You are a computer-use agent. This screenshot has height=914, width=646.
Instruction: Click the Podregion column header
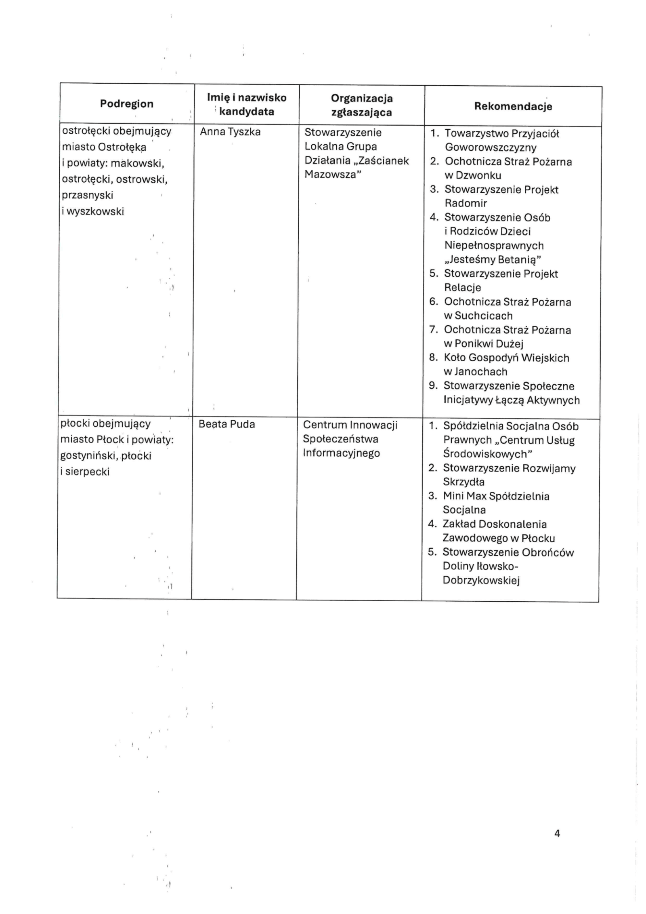pos(126,104)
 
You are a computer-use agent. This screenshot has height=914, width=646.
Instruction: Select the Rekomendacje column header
pos(513,106)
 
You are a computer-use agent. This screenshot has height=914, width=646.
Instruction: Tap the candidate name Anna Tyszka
pos(230,132)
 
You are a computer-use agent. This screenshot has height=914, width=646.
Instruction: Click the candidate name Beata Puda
pos(227,424)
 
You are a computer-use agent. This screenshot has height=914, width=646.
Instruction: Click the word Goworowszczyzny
pos(491,147)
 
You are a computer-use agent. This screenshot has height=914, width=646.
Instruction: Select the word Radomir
pos(466,203)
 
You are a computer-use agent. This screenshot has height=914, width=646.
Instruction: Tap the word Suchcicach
pos(478,316)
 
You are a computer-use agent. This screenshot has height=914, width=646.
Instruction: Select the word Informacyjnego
pos(341,453)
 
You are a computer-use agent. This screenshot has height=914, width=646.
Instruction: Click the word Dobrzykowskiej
pos(481,580)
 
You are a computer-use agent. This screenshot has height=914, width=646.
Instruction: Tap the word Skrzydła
pos(464,482)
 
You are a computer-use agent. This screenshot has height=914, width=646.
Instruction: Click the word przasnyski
pos(87,195)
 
